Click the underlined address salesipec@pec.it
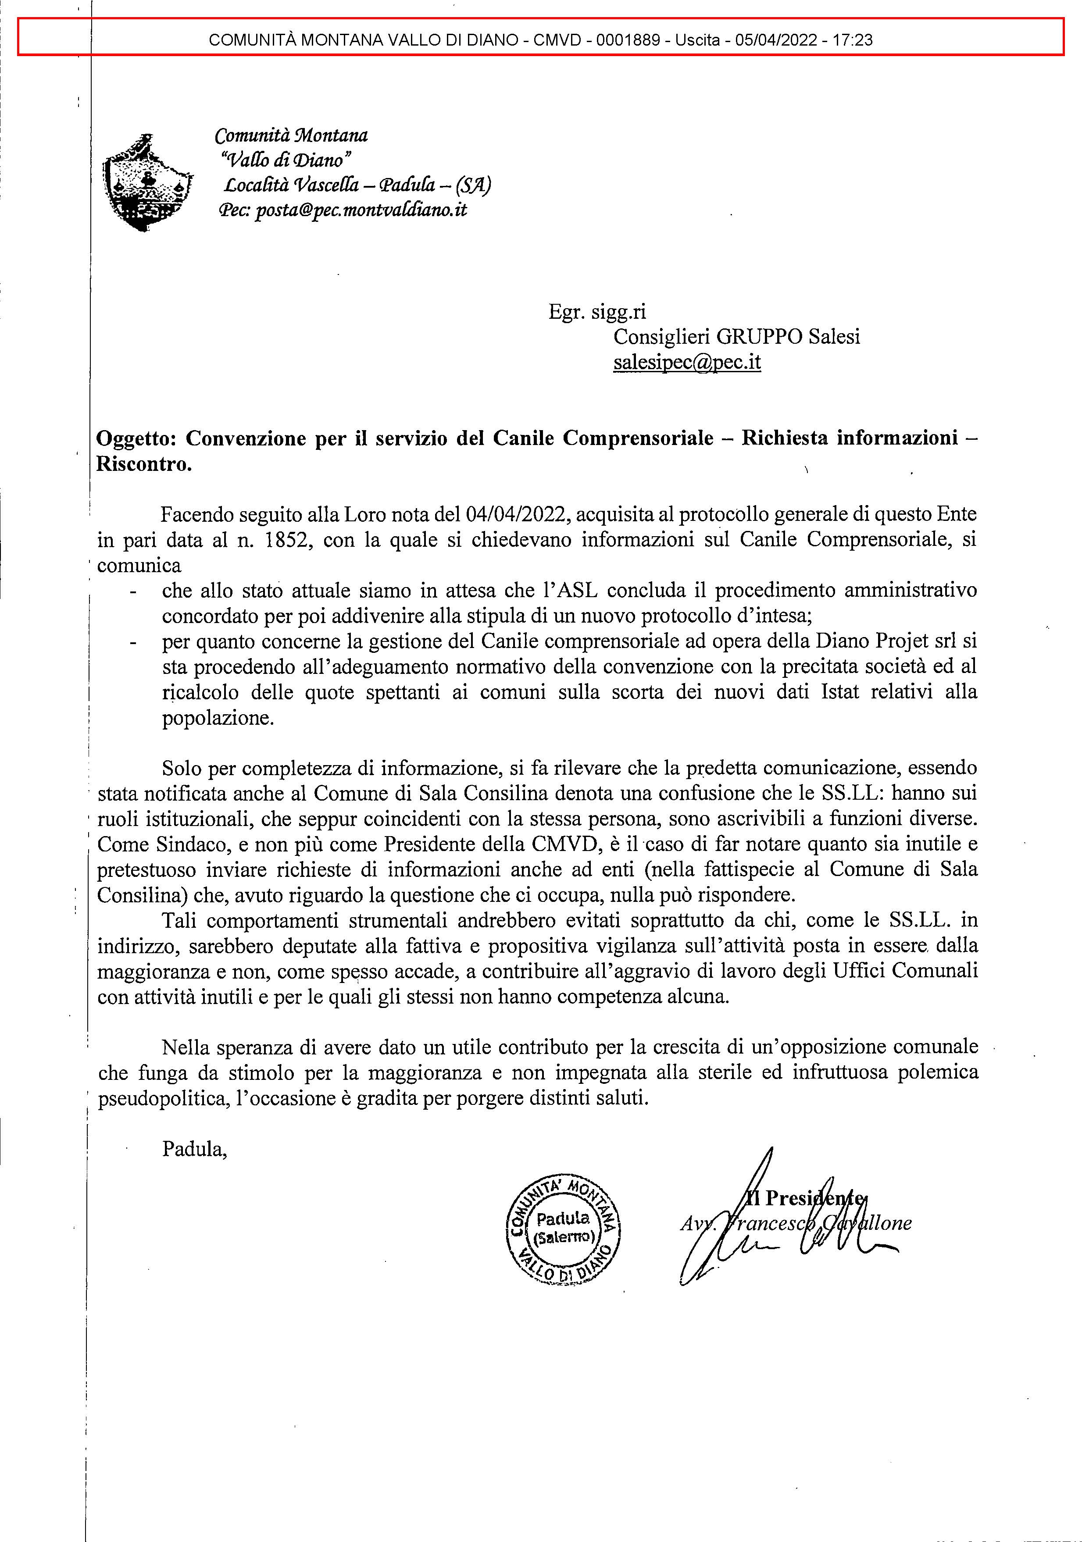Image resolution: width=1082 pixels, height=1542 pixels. coord(686,362)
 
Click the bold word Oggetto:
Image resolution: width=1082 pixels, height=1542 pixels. coord(138,438)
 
